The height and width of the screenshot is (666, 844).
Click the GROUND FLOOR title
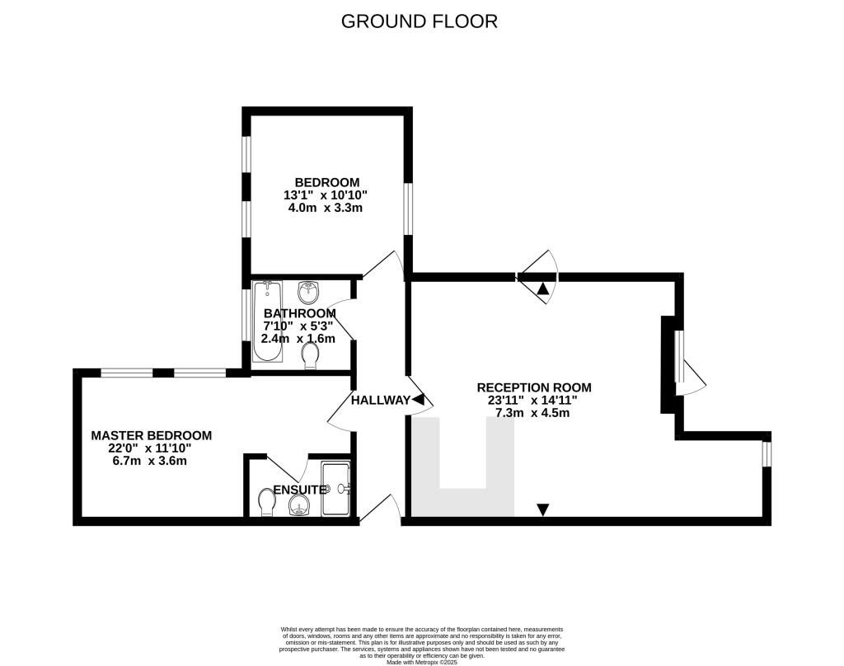click(420, 21)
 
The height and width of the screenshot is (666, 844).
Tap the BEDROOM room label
click(326, 182)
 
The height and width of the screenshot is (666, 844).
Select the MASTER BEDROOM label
click(152, 435)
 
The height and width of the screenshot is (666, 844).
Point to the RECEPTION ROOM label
click(534, 387)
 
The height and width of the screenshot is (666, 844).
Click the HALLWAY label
click(381, 400)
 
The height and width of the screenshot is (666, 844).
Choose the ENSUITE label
click(300, 490)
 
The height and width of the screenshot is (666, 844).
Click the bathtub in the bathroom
click(268, 321)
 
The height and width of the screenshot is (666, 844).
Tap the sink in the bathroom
click(309, 293)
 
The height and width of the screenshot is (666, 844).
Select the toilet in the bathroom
click(311, 356)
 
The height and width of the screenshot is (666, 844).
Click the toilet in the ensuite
click(266, 502)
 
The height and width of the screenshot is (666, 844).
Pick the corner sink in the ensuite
click(298, 506)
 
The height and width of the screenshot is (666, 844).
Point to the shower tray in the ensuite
click(336, 489)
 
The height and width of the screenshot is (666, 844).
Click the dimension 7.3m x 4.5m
click(532, 413)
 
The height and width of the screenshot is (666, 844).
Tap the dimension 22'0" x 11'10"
click(150, 448)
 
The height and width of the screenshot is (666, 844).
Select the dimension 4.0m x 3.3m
click(326, 208)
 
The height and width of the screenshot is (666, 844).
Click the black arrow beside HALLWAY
click(418, 400)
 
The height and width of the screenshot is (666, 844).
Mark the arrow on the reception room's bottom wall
click(543, 509)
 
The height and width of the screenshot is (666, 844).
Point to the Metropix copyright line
click(422, 662)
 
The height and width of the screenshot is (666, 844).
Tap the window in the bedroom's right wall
click(408, 209)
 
